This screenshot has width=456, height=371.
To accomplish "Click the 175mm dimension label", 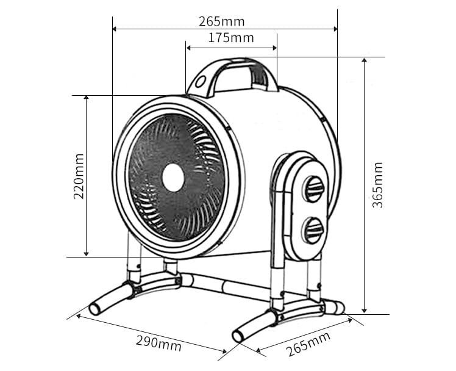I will tap(230, 38).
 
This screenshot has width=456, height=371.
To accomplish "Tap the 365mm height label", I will tap(378, 184).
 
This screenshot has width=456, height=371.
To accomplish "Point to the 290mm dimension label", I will tap(158, 342).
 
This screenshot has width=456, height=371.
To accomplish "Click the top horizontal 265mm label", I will tap(222, 21).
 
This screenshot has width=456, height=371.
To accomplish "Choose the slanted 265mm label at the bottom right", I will tap(308, 344).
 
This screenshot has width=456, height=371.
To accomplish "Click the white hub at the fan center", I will tap(173, 177).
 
